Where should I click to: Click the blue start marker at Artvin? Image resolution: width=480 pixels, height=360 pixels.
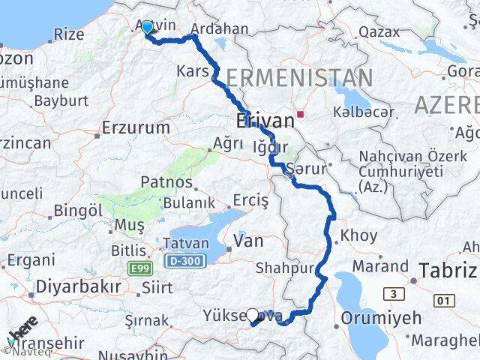tap(146, 28)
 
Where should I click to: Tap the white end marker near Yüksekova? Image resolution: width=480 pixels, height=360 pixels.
tap(253, 316)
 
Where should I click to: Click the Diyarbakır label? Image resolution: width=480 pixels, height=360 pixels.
tap(79, 287)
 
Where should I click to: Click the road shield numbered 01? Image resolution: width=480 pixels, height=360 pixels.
tap(444, 301)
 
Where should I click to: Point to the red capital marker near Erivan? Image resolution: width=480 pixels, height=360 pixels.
tap(300, 115)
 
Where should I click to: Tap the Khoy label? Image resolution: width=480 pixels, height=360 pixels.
tap(358, 235)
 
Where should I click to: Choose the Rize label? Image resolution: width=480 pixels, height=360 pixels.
tap(70, 34)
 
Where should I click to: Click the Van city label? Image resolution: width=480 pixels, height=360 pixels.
tap(247, 241)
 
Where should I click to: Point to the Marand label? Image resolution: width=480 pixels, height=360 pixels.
tap(381, 265)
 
